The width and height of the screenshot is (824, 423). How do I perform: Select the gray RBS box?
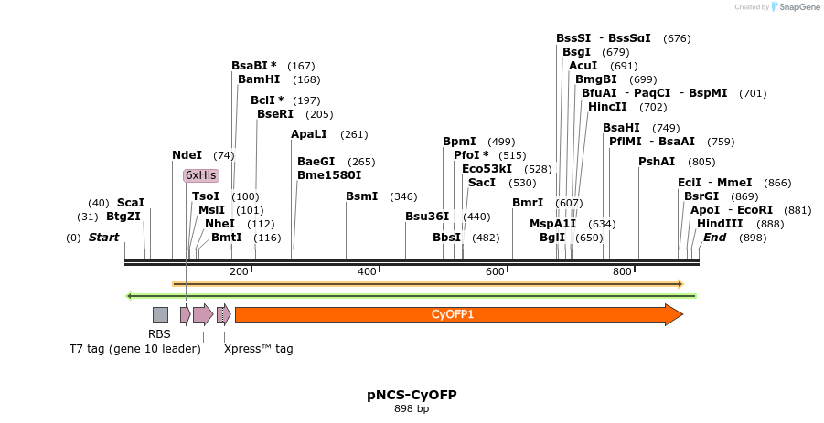coord(160,314)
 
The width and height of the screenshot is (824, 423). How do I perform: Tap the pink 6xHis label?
coord(200,175)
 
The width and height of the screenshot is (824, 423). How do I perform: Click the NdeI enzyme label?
coord(187,155)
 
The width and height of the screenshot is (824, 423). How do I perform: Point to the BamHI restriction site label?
coord(259,79)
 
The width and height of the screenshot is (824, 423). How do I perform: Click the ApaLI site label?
coord(308,134)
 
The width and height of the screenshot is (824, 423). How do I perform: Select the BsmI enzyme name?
coord(361,196)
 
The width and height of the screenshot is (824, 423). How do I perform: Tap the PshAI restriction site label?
coord(657,162)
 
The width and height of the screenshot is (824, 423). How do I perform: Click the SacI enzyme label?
coord(481,183)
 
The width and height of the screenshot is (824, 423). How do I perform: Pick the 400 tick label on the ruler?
coord(367,271)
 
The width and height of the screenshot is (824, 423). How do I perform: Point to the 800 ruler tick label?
coord(623,271)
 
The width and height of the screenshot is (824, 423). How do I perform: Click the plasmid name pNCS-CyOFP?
coord(412,395)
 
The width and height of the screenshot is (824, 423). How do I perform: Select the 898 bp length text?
coord(412,408)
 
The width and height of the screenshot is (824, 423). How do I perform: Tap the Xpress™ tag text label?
coord(259,348)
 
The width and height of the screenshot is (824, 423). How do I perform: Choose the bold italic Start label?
coord(103,238)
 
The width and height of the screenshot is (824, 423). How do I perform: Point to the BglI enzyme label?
coord(552,238)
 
